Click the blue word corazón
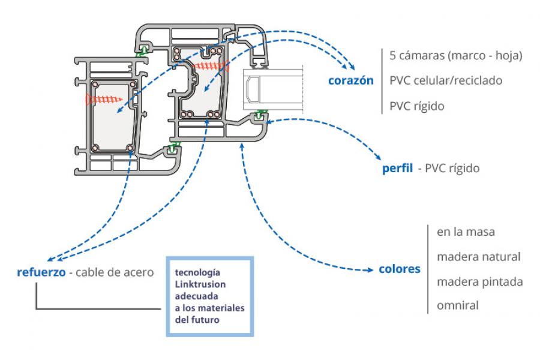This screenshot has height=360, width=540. [x=351, y=80]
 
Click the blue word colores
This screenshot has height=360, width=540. [x=399, y=269]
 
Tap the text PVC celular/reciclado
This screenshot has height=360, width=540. [x=446, y=80]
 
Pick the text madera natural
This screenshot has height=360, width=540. [x=478, y=257]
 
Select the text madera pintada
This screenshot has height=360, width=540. [x=479, y=281]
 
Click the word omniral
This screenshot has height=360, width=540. [x=458, y=306]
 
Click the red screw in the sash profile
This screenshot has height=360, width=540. [x=210, y=63]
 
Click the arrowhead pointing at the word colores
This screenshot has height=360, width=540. [x=371, y=271]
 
